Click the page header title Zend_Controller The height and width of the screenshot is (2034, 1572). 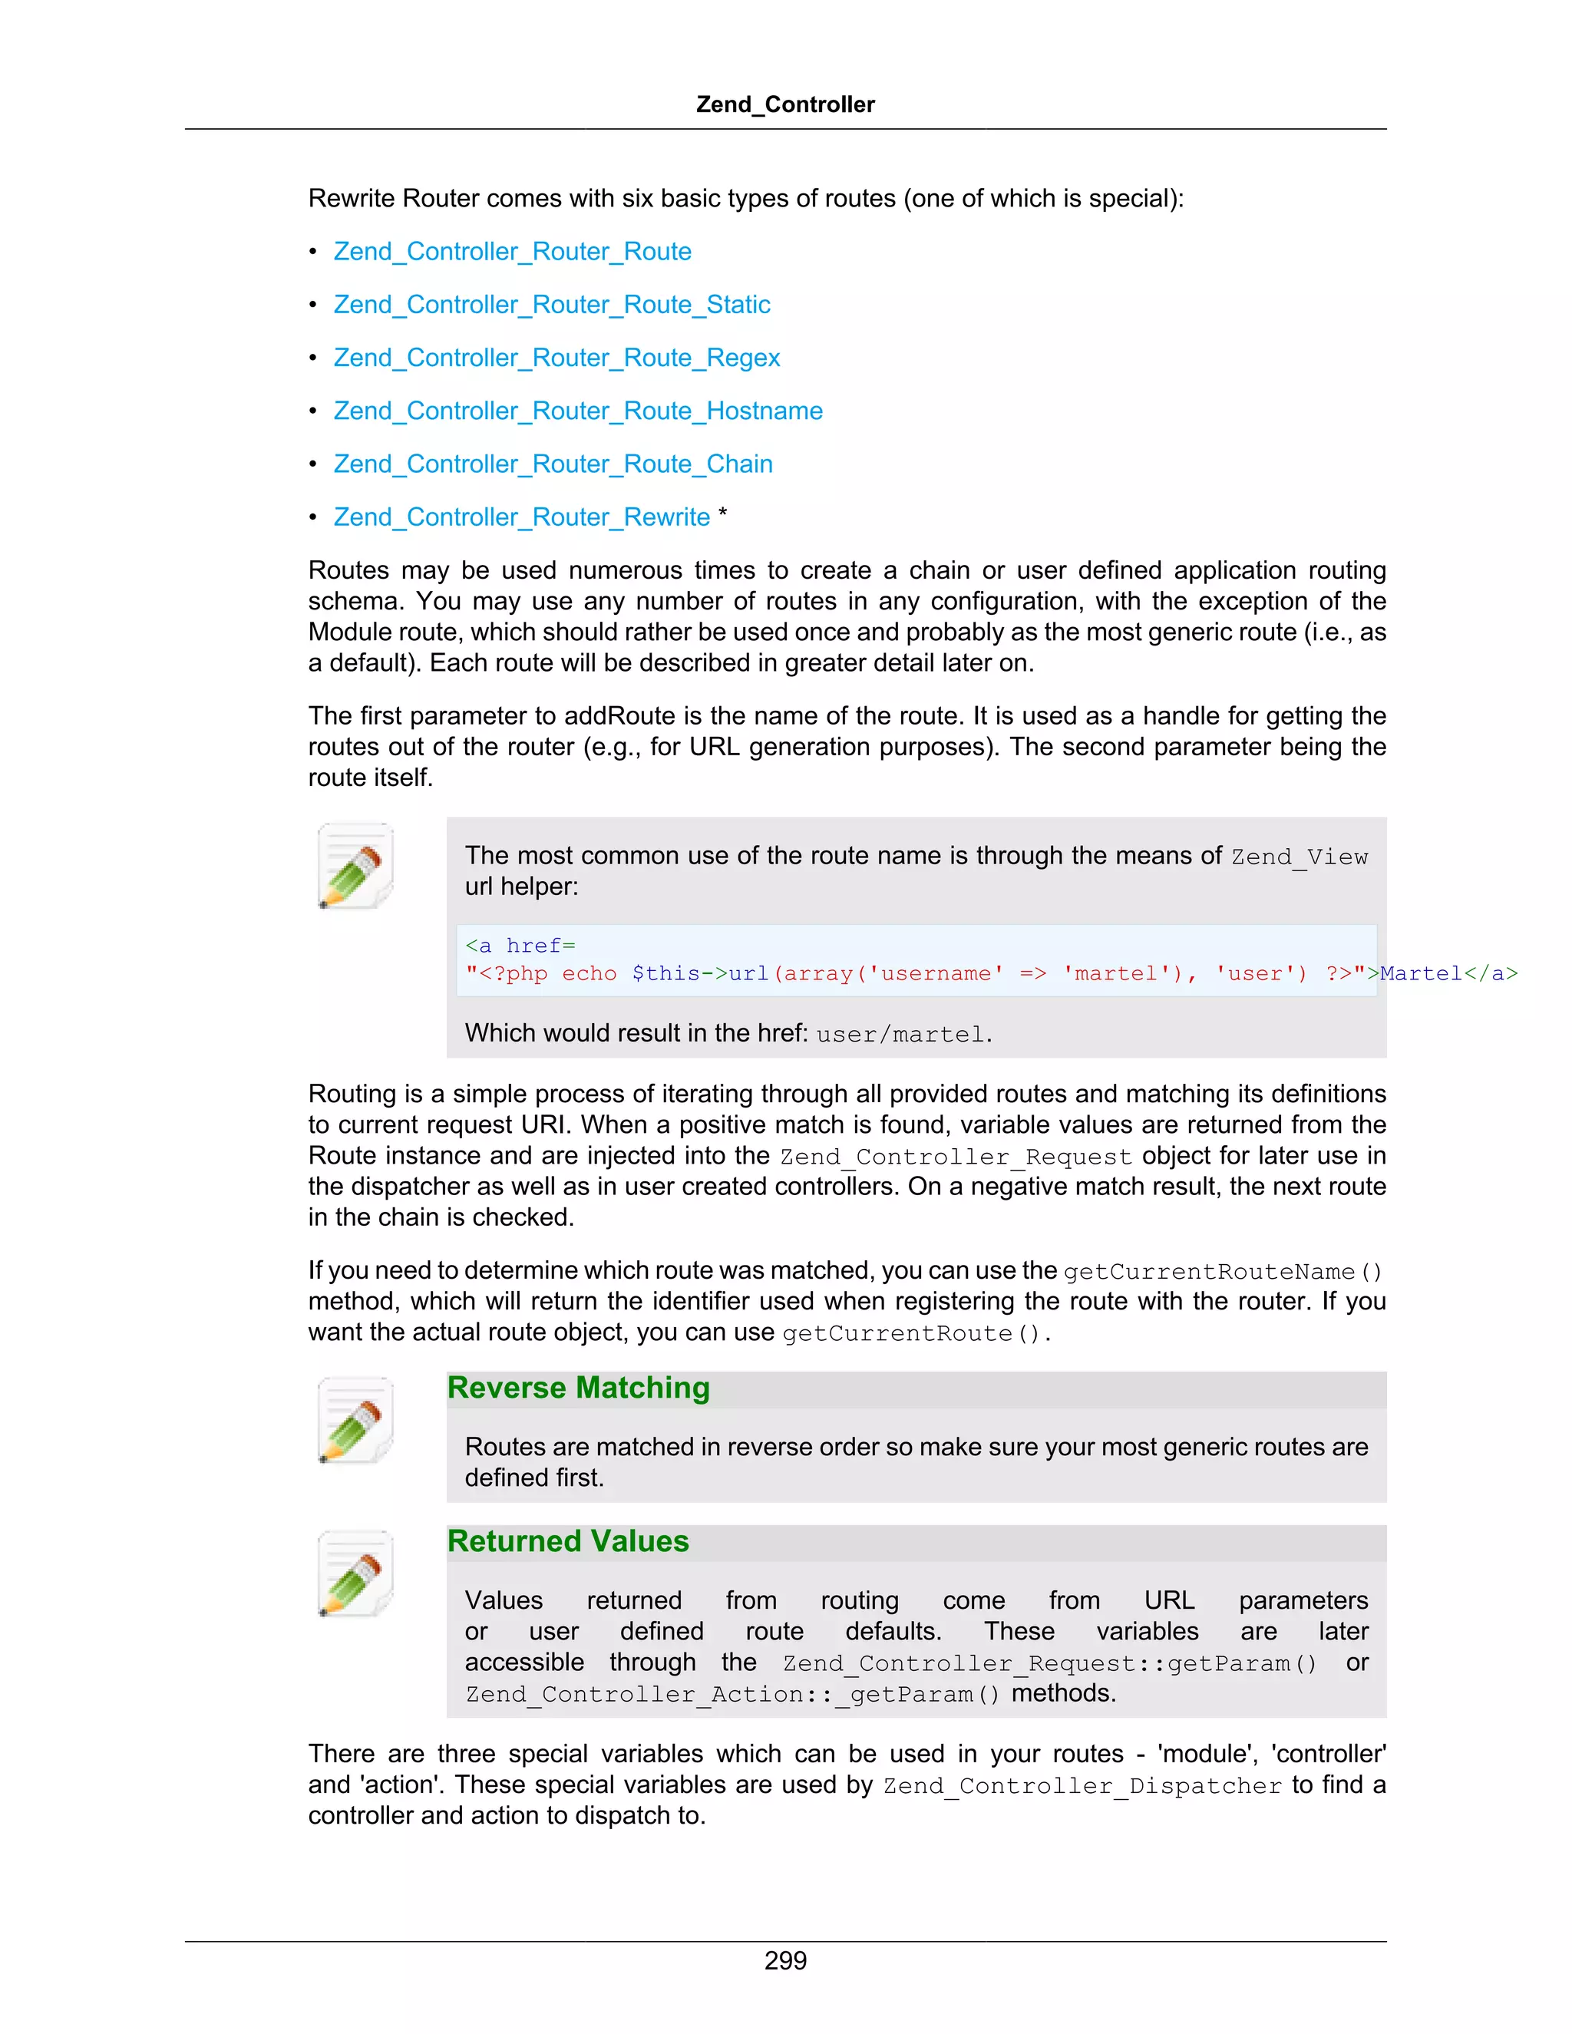click(785, 104)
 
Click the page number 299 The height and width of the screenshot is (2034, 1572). click(785, 1960)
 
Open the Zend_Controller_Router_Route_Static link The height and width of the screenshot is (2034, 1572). click(551, 305)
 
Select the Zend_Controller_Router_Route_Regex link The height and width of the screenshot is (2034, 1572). click(556, 358)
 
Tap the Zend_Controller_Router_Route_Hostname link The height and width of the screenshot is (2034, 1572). click(577, 411)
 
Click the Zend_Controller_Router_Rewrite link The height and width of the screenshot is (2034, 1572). click(521, 517)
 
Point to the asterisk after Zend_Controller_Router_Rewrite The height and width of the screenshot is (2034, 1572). click(722, 514)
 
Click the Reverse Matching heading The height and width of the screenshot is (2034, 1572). click(578, 1388)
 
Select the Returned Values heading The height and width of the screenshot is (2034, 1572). click(568, 1541)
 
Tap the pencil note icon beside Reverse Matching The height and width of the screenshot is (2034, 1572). click(355, 1420)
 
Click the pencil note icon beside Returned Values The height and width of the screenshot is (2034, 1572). click(355, 1574)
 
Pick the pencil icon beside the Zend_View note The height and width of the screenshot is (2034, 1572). click(355, 865)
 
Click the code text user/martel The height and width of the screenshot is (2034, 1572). click(900, 1035)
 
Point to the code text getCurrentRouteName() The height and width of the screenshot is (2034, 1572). click(1223, 1272)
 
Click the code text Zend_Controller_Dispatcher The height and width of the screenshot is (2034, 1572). click(1082, 1786)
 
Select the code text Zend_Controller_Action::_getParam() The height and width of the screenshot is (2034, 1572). click(733, 1694)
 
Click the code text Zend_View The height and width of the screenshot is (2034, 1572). click(1300, 857)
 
